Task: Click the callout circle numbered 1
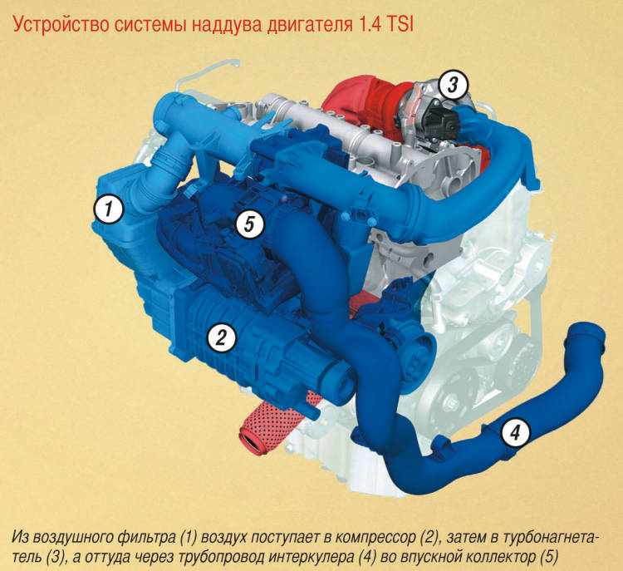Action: (x=109, y=209)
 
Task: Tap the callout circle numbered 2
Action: (x=222, y=337)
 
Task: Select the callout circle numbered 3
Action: (x=454, y=85)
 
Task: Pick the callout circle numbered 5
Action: (x=249, y=224)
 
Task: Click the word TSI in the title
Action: (x=400, y=25)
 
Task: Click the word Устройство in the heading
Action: (x=60, y=25)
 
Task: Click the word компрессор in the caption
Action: (x=375, y=537)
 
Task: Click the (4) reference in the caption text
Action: (x=366, y=557)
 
